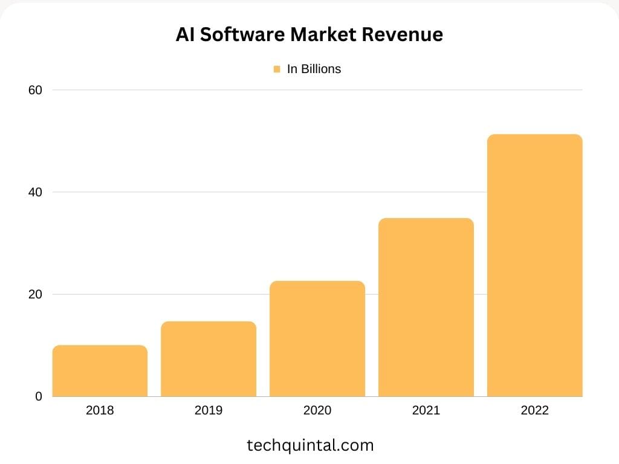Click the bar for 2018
100,371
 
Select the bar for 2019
209,359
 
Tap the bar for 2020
317,339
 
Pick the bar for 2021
426,308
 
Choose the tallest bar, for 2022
534,265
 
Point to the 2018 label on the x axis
100,411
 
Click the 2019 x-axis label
209,411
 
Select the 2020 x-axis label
317,411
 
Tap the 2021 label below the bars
426,411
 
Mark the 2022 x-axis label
534,411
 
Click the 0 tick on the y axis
39,396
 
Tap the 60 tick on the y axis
35,90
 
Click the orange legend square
277,69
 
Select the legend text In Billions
314,69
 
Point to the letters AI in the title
184,34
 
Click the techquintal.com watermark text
310,446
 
